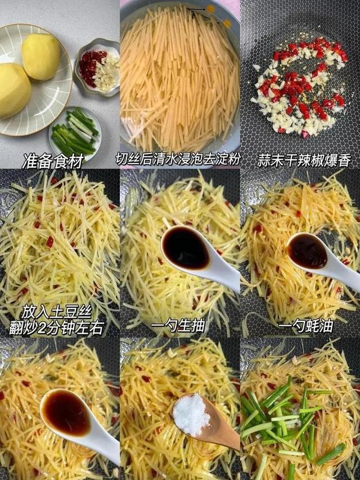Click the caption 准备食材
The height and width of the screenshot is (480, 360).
pyautogui.click(x=53, y=162)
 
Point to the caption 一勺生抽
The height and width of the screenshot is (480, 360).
pyautogui.click(x=178, y=326)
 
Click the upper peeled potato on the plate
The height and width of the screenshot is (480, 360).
pyautogui.click(x=41, y=56)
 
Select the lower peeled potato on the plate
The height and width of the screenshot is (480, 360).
pyautogui.click(x=12, y=89)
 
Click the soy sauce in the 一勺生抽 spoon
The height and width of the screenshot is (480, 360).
pyautogui.click(x=185, y=248)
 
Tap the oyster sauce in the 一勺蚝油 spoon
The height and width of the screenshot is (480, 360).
pyautogui.click(x=307, y=251)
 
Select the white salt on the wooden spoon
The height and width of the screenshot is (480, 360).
pyautogui.click(x=191, y=415)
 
